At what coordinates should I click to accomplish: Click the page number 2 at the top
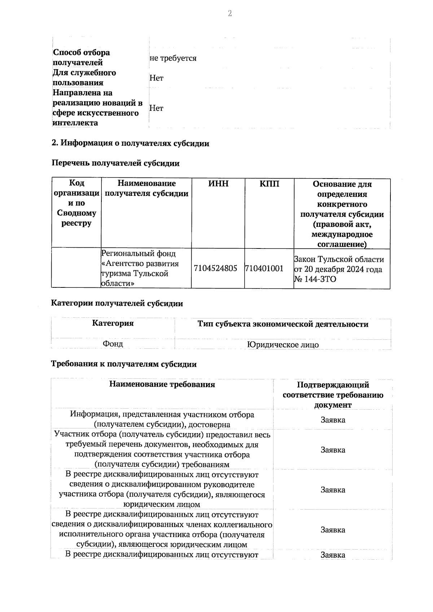[x=229, y=14]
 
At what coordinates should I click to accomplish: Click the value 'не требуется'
[x=173, y=58]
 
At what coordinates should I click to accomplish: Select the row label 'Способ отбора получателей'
[x=82, y=57]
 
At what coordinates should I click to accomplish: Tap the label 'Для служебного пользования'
[x=84, y=78]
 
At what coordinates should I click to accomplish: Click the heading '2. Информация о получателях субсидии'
[x=131, y=143]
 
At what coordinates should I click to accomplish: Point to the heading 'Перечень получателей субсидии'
[x=115, y=163]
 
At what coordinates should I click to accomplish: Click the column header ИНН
[x=218, y=184]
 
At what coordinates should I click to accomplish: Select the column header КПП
[x=269, y=184]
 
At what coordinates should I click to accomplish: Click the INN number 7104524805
[x=215, y=268]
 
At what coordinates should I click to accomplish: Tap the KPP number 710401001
[x=264, y=268]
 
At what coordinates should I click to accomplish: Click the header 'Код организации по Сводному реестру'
[x=76, y=203]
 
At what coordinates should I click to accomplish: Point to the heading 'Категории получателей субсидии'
[x=117, y=303]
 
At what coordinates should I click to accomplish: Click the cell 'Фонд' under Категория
[x=113, y=344]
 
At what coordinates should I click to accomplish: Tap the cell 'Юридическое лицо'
[x=283, y=344]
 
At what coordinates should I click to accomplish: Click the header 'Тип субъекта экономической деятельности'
[x=283, y=324]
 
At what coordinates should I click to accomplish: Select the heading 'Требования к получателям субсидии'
[x=124, y=364]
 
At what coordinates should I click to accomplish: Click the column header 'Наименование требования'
[x=162, y=384]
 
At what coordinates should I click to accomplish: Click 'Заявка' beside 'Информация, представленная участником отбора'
[x=333, y=420]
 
